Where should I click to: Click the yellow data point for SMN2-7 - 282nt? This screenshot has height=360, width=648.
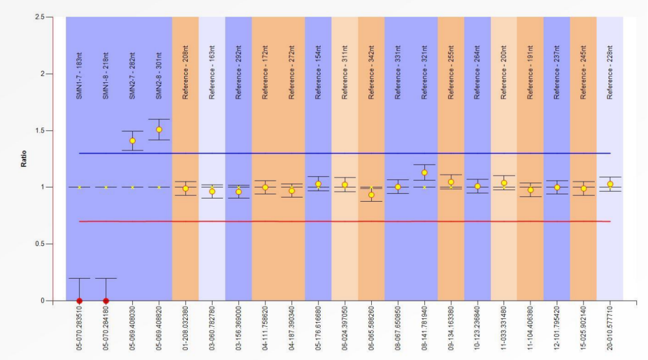[x=132, y=141]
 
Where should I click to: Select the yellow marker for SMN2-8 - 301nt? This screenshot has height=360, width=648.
[x=159, y=130]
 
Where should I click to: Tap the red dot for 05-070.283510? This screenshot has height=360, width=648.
[x=79, y=301]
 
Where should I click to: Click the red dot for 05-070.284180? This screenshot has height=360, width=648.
[x=106, y=301]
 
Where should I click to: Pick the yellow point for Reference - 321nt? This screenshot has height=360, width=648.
[x=424, y=172]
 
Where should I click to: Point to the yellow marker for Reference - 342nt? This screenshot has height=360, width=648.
[x=371, y=195]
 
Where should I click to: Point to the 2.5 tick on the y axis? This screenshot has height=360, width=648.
[x=40, y=17]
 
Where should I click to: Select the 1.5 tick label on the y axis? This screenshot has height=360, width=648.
[x=40, y=131]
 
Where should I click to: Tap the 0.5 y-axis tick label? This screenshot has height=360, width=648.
[x=40, y=244]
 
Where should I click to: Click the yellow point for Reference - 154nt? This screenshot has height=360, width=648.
[x=318, y=184]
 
